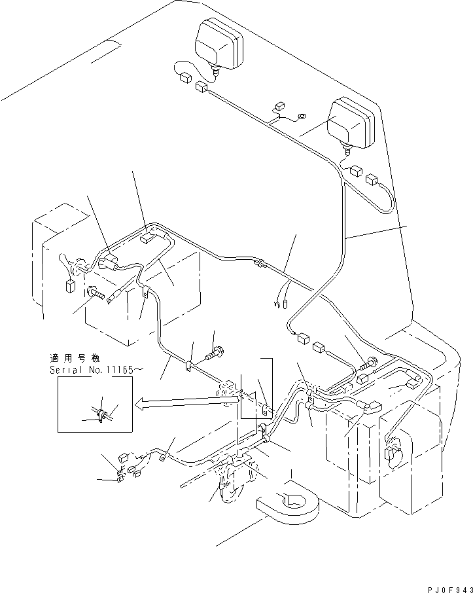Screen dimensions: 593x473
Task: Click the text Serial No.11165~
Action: click(92, 370)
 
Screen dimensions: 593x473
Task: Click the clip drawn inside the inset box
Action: click(101, 414)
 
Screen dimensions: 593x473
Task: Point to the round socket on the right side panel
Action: click(394, 452)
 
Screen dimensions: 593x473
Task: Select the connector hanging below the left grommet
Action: click(69, 285)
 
